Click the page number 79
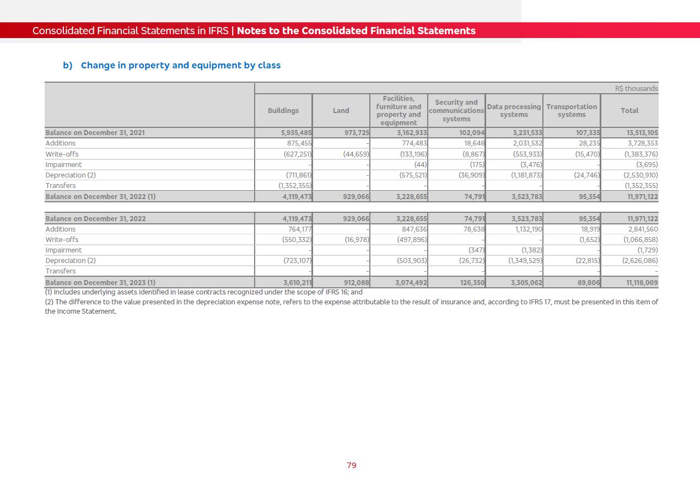pyautogui.click(x=352, y=465)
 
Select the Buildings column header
pyautogui.click(x=283, y=111)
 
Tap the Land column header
pyautogui.click(x=341, y=111)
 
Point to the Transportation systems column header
pyautogui.click(x=572, y=111)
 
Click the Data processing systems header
pyautogui.click(x=514, y=111)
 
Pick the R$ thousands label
pyautogui.click(x=636, y=89)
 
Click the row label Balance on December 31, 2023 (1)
pyautogui.click(x=100, y=283)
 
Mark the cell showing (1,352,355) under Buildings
pyautogui.click(x=295, y=186)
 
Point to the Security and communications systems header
pyautogui.click(x=456, y=111)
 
